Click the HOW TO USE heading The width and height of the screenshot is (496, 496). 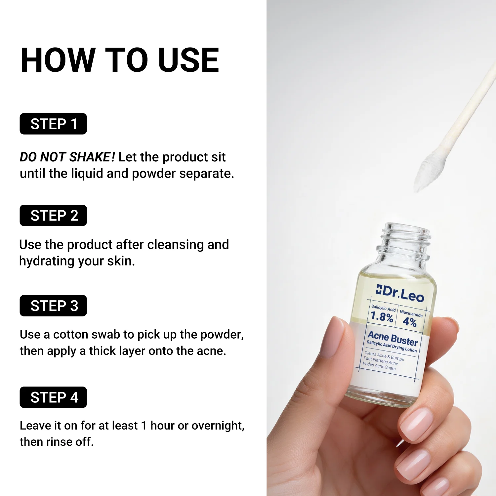[119, 60]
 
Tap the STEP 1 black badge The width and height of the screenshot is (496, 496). [53, 124]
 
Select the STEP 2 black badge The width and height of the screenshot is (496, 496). [53, 216]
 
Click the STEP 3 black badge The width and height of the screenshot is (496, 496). [53, 306]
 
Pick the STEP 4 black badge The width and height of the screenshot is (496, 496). [53, 397]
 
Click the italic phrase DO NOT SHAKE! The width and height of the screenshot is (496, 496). [67, 157]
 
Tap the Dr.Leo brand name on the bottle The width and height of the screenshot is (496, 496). [403, 293]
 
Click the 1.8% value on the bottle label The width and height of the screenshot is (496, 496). [382, 317]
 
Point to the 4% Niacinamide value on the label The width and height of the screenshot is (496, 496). [409, 322]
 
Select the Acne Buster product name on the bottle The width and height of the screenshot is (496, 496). [393, 338]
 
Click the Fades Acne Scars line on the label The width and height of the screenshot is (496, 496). [379, 366]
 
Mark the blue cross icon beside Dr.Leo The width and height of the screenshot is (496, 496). [379, 290]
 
